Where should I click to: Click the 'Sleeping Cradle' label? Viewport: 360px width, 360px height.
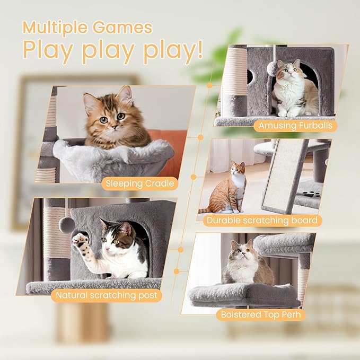click(x=139, y=184)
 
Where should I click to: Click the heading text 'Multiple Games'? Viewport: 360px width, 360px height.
click(x=87, y=28)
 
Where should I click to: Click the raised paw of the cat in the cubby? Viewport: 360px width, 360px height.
click(x=80, y=241)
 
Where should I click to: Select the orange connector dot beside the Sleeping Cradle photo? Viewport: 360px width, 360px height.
click(x=200, y=137)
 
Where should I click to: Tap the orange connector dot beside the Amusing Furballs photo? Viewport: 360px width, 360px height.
click(x=210, y=85)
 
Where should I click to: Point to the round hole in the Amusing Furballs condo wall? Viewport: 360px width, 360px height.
click(x=250, y=76)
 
